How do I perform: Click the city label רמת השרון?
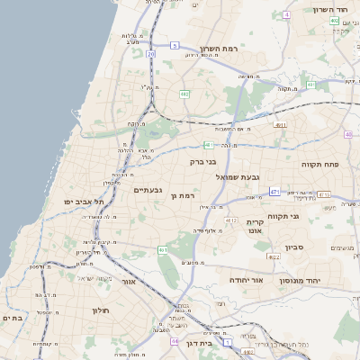tap(219, 49)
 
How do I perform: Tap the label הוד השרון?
tap(329, 9)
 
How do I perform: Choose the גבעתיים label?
tap(148, 190)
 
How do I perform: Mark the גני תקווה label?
tap(283, 215)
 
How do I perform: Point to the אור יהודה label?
tap(244, 280)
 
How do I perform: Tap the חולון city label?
tap(99, 310)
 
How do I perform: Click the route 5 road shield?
tap(174, 44)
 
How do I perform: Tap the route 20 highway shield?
tap(151, 54)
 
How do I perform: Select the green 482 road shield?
tap(184, 93)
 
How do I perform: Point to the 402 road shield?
tap(335, 20)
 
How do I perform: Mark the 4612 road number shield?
tap(231, 220)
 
